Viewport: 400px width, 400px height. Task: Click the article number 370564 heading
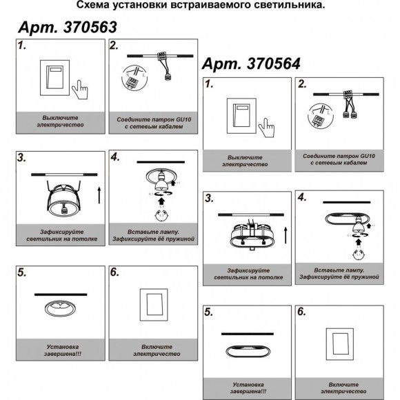[x=250, y=63]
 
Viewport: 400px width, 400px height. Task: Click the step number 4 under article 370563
[x=115, y=159]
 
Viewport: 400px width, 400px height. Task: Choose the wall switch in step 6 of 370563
[x=154, y=304]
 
